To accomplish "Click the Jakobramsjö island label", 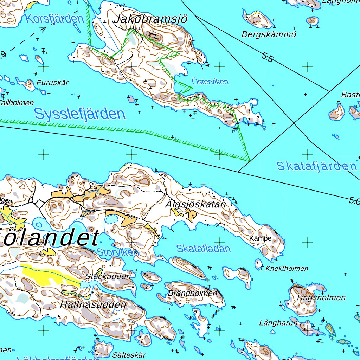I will [150, 19].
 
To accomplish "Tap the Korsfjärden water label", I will [54, 18].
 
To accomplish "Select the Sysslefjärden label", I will [80, 114].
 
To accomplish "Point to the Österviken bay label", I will [210, 82].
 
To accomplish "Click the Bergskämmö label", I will [269, 34].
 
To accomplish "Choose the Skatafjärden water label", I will [317, 166].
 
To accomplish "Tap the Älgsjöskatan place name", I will [195, 204].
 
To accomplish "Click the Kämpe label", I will [260, 238].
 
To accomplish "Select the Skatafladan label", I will [204, 249].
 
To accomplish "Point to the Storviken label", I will [118, 252].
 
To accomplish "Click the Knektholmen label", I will [287, 269].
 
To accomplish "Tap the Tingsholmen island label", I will [321, 298].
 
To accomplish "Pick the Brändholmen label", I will [193, 293].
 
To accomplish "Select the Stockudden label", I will [108, 276].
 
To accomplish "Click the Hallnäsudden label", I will [93, 304].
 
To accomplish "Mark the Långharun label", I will [278, 323].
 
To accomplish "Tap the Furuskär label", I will [53, 83].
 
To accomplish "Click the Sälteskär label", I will [129, 355].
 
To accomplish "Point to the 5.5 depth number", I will [267, 57].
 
